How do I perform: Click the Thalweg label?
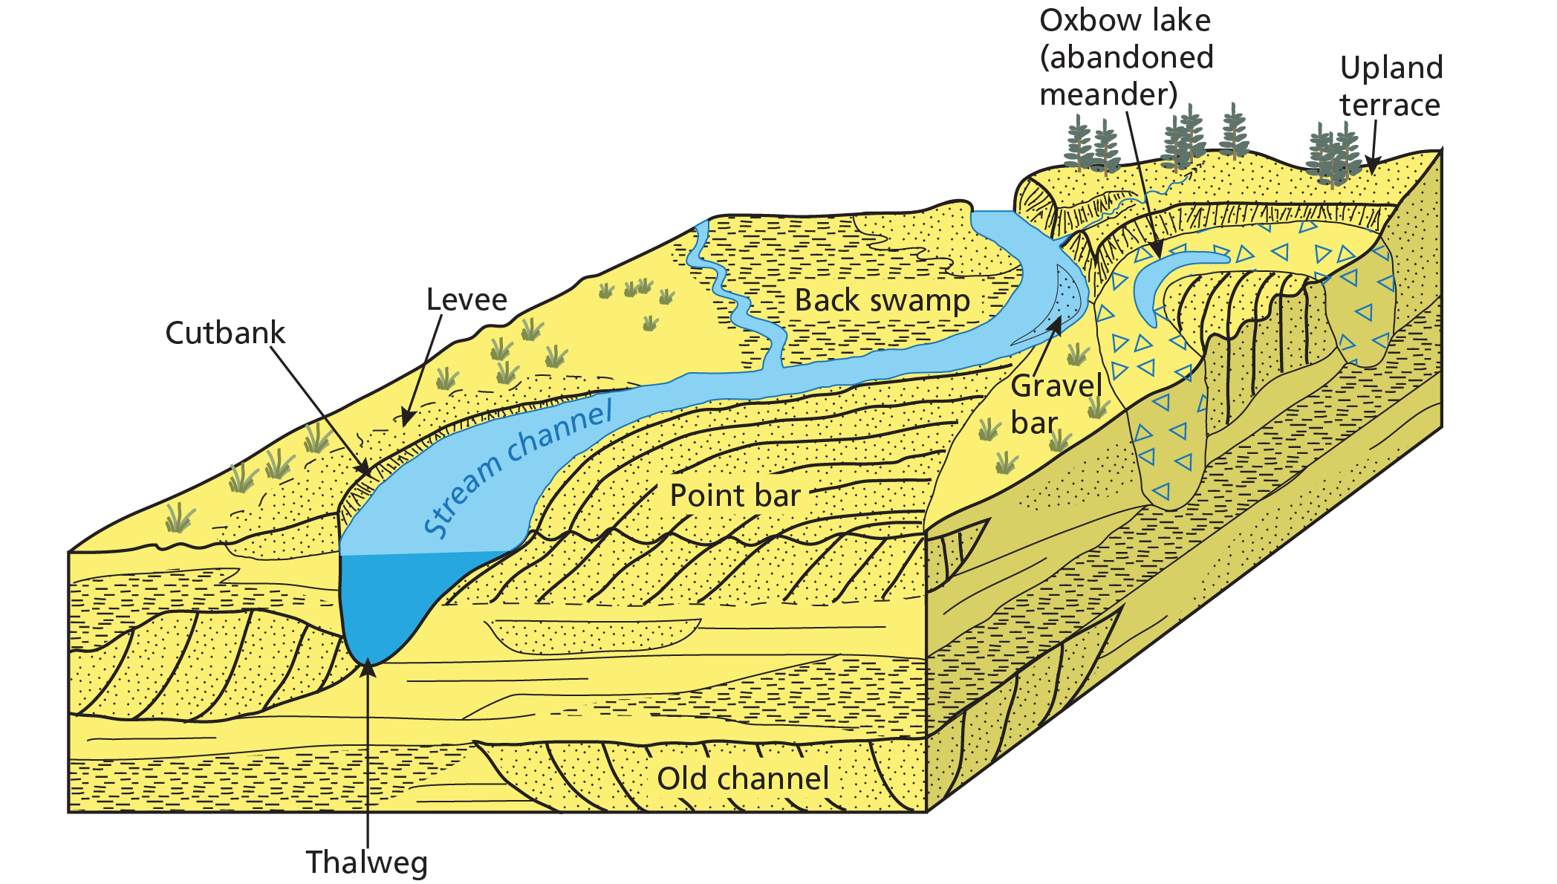tap(367, 862)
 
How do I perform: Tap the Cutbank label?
tap(225, 333)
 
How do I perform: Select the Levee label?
tap(467, 299)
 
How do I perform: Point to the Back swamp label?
tap(882, 300)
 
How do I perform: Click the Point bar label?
tap(735, 495)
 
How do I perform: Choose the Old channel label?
tap(743, 779)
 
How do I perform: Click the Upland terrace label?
tap(1391, 86)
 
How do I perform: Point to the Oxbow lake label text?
tap(1125, 58)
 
